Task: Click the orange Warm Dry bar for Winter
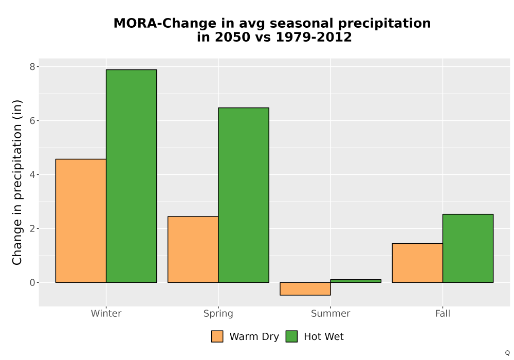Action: point(81,221)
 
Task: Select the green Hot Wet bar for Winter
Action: point(132,176)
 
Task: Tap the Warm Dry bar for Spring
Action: point(193,249)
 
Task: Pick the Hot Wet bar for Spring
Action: point(244,195)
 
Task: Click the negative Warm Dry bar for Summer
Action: point(305,289)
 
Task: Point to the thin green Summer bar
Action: point(356,281)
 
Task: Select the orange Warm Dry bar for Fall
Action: point(417,263)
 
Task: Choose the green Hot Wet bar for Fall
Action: point(468,248)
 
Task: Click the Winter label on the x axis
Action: point(106,313)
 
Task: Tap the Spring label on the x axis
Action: point(218,314)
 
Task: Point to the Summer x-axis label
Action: point(331,313)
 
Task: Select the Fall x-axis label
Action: point(443,313)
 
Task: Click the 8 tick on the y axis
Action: point(32,67)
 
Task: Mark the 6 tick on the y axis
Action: point(32,121)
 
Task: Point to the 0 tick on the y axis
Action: point(32,283)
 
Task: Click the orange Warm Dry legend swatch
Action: point(217,336)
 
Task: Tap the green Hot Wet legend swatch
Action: point(291,336)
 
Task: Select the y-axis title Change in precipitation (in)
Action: point(17,182)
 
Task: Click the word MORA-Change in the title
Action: point(165,24)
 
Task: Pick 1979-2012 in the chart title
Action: point(314,37)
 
